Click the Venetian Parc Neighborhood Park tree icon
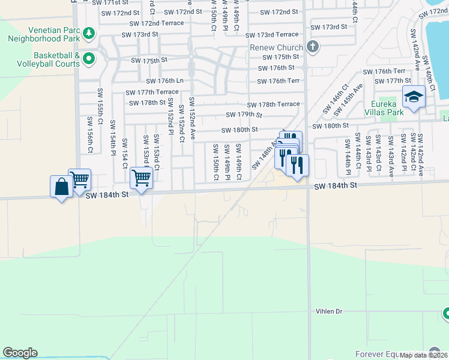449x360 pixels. coord(89,32)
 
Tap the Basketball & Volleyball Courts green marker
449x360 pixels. coord(89,58)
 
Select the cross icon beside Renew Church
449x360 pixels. coord(312,47)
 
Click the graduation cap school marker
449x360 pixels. coord(414,97)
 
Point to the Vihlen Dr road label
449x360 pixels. coord(329,311)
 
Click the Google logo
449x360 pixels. coord(20,353)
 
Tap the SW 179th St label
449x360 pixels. coord(244,115)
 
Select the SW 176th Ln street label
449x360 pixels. coord(164,81)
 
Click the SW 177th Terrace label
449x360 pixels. coord(151,92)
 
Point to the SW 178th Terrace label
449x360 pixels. coord(273,104)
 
